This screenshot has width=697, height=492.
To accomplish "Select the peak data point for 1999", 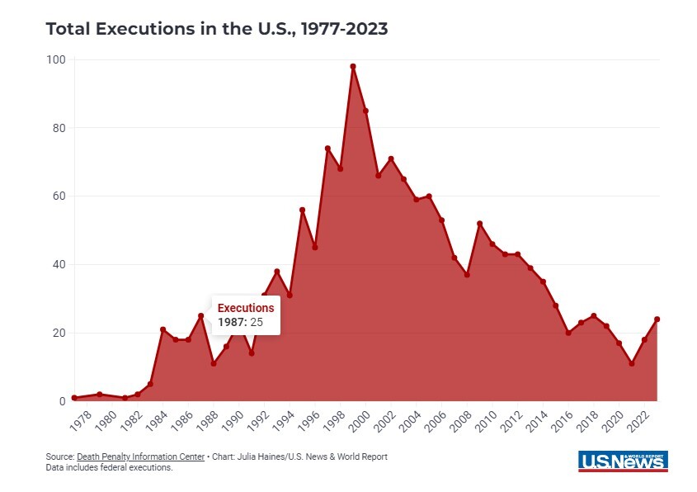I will [353, 66].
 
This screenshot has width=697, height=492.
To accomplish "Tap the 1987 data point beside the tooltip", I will [200, 316].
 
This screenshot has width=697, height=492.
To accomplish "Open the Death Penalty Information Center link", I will [129, 457].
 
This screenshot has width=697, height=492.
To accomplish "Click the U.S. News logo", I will [623, 461].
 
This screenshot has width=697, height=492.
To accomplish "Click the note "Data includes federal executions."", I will [109, 468].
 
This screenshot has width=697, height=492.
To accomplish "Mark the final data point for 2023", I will [657, 319].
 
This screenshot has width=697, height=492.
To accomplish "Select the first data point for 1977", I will [74, 398].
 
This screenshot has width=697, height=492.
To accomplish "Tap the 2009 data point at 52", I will [479, 224].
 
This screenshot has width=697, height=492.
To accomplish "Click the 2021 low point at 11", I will [632, 363].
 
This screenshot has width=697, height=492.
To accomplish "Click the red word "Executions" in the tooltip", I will [246, 308].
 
